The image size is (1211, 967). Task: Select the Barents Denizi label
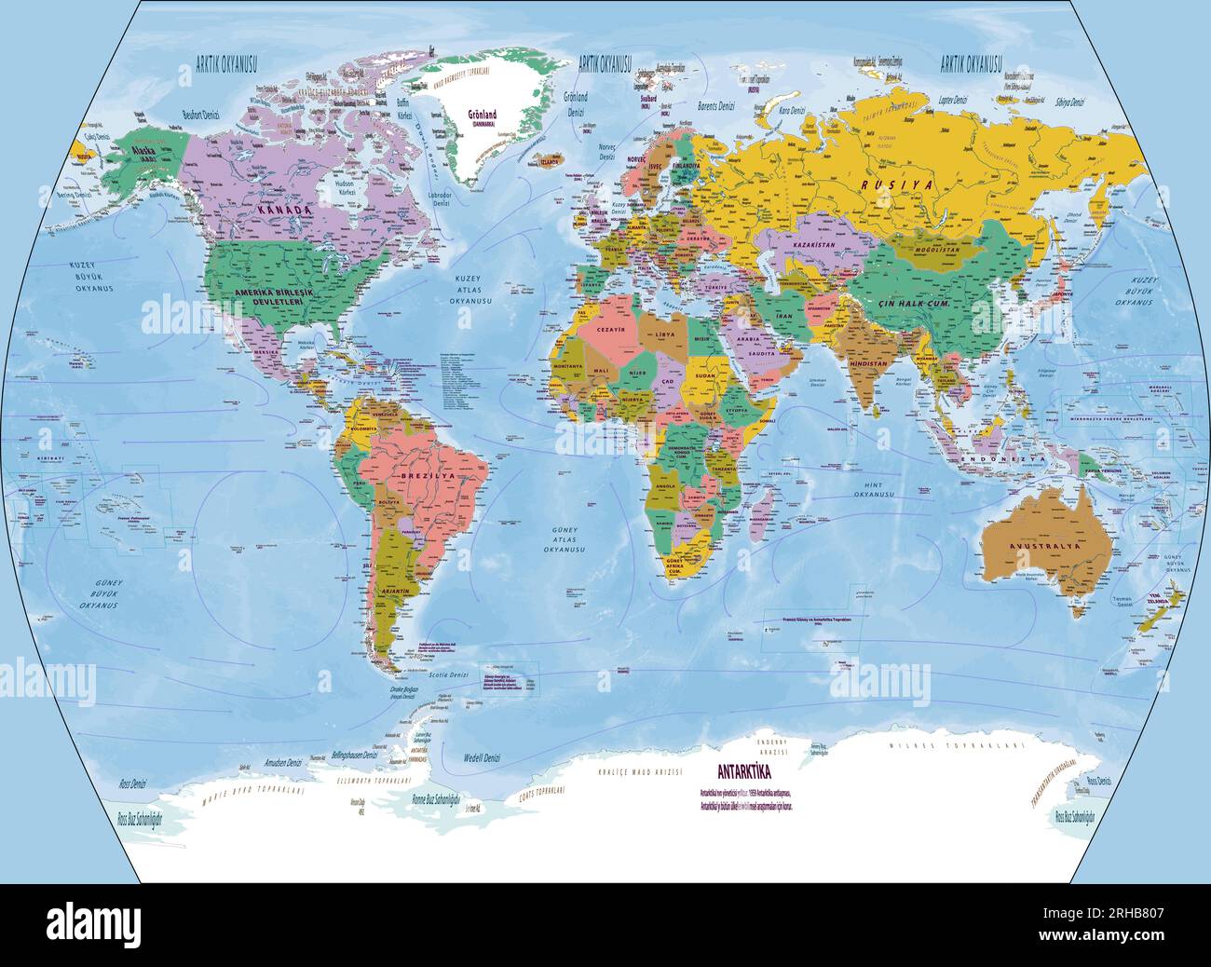(715, 107)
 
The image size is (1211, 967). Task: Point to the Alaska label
(145, 150)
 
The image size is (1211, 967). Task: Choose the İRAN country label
(784, 318)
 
